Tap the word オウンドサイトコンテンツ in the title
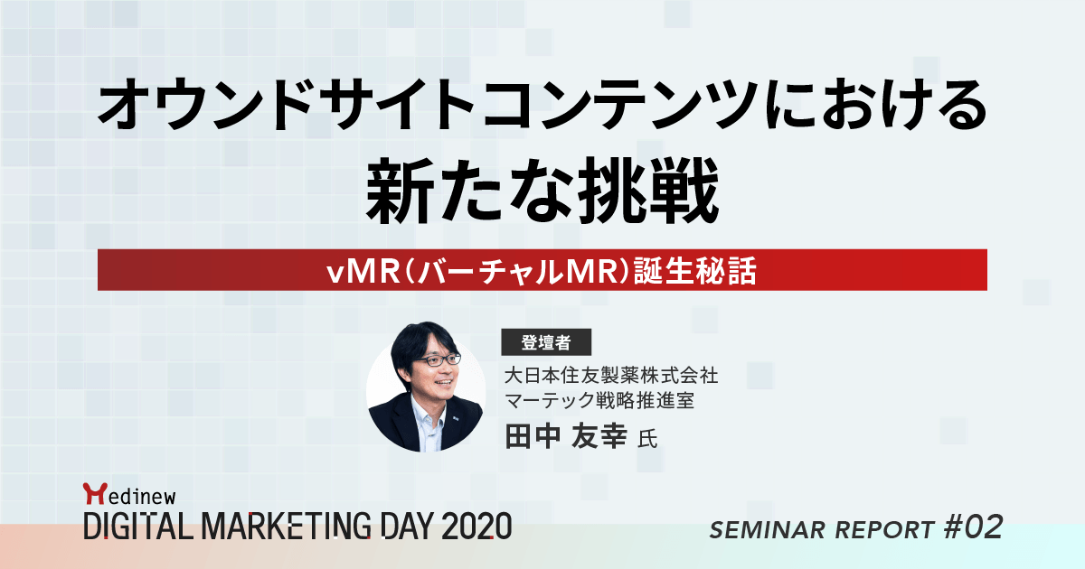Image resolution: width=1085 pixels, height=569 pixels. point(435,108)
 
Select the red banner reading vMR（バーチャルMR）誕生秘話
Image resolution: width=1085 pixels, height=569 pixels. point(542,271)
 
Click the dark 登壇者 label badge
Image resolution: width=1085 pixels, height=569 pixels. point(546,342)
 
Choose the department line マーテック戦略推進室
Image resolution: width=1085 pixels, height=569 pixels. point(599,400)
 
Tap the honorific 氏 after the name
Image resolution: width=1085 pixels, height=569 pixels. point(646,440)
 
